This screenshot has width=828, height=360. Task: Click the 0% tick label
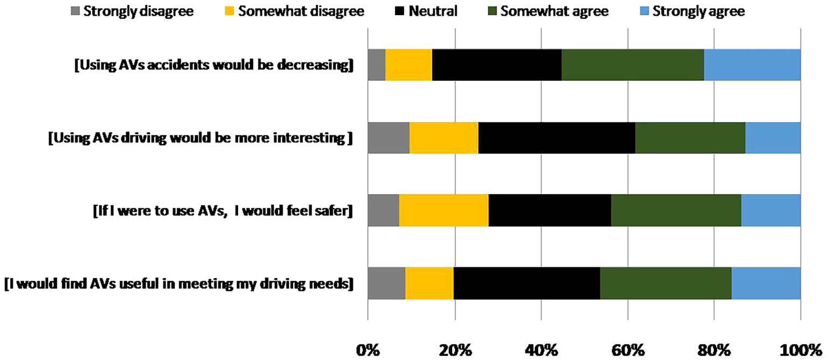(368, 350)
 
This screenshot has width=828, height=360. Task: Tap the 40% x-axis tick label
(541, 350)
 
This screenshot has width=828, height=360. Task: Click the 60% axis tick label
(627, 350)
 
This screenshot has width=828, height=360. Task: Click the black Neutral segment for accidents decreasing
(496, 65)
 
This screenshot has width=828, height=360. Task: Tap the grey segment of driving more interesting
(389, 138)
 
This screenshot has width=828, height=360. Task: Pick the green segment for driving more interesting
(690, 138)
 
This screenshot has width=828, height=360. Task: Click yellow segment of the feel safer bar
(444, 210)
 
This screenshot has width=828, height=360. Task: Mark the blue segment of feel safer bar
(770, 210)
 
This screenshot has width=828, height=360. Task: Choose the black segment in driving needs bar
(527, 283)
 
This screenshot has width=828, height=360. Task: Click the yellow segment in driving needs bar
(429, 283)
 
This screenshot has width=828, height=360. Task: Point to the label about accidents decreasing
(214, 66)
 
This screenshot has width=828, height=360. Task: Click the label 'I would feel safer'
(223, 211)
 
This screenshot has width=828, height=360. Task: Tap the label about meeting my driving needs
(178, 283)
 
